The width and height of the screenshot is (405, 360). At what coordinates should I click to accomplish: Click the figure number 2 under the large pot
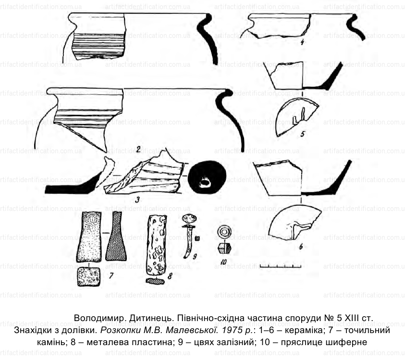point(138,149)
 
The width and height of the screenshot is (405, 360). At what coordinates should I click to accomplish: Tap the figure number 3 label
point(137,199)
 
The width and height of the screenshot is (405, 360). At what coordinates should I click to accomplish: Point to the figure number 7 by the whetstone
point(111,276)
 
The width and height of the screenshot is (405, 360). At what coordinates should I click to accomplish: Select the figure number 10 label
point(223,262)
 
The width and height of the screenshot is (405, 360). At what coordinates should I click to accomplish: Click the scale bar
point(281,266)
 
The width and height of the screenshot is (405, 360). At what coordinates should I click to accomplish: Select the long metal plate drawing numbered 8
point(156,245)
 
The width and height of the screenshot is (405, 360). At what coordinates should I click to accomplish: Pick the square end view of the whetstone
point(88,277)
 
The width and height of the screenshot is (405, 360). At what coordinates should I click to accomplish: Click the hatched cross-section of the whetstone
point(116,236)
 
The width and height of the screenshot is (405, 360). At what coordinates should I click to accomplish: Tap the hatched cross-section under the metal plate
point(155,281)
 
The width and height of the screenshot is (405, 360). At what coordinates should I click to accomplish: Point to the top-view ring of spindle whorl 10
point(224,232)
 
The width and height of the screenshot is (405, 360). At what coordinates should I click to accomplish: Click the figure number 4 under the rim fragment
point(302,42)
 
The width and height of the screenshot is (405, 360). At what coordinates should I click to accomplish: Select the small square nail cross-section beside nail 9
point(197,238)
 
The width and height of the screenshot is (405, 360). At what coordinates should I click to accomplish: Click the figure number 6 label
point(301,247)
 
